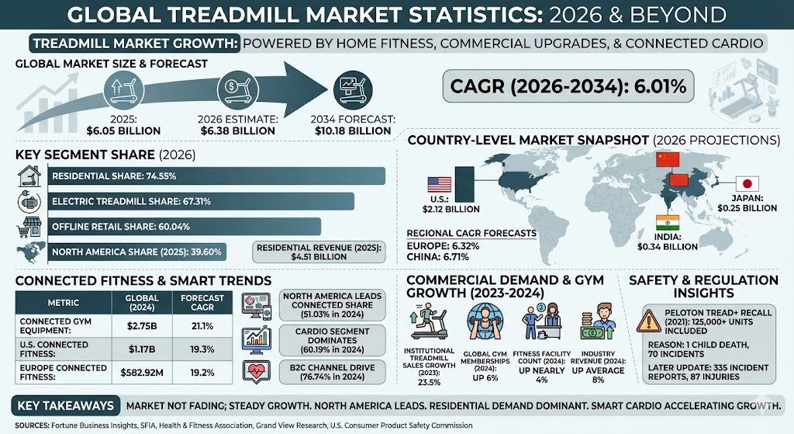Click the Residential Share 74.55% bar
tap(217, 176)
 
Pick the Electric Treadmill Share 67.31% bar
tap(202, 201)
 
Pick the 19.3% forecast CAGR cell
tap(198, 348)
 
